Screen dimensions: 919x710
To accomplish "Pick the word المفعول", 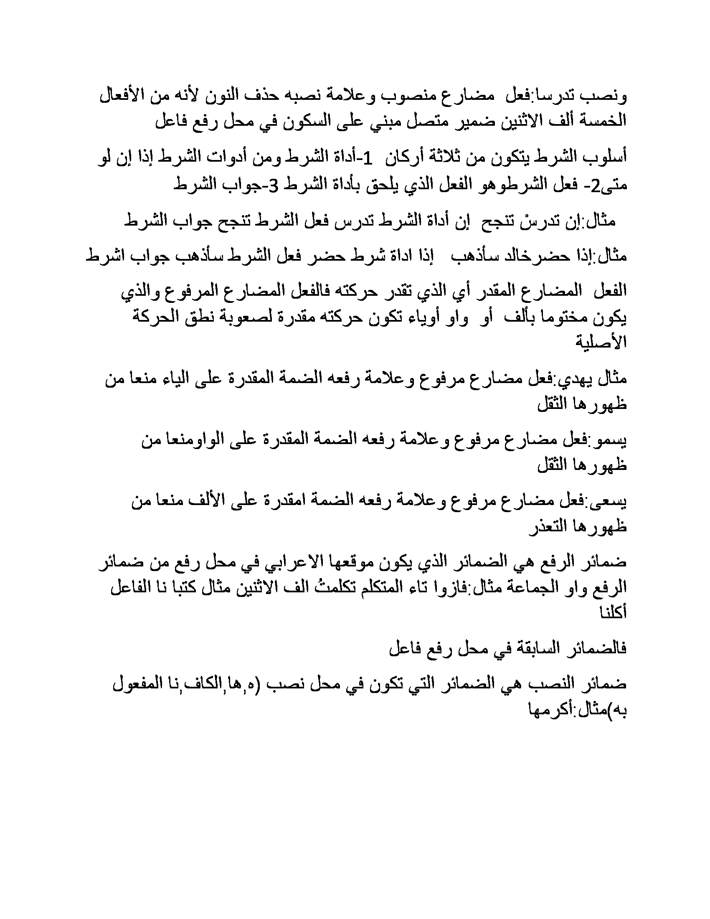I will pos(142,685).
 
